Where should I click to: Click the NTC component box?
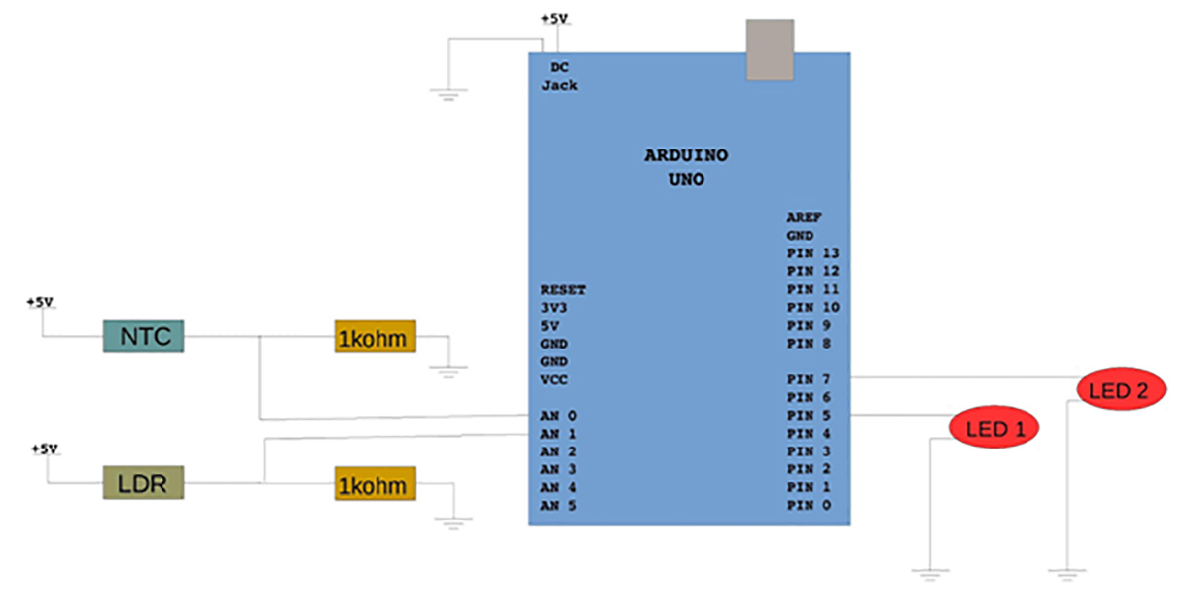pos(146,336)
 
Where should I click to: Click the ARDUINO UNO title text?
pos(687,168)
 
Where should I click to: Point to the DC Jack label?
pos(560,76)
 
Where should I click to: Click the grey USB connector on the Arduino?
pos(771,50)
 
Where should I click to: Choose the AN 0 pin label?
pos(559,416)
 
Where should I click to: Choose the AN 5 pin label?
pos(559,506)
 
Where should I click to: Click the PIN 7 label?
pos(809,379)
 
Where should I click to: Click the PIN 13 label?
pos(812,253)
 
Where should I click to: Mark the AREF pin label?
pos(805,217)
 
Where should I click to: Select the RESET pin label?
pos(563,290)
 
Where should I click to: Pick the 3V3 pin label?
pos(553,308)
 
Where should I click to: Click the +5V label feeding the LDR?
pos(44,448)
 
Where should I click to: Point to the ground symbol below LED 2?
pos(1066,572)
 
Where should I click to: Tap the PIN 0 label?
pos(809,506)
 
